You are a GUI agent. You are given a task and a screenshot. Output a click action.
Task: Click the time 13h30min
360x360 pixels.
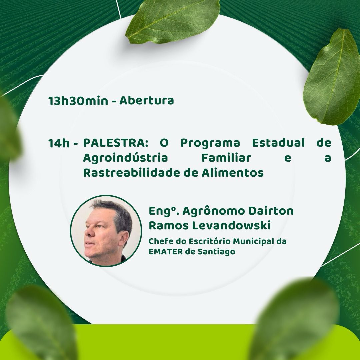78,101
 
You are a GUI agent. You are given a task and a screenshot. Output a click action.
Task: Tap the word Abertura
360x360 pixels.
146,100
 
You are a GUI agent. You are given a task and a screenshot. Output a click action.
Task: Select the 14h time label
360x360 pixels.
59,143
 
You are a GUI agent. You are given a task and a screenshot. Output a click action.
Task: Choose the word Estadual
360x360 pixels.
278,143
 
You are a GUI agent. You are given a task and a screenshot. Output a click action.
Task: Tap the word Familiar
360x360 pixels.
226,158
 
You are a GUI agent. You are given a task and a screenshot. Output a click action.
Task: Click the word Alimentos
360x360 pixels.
233,173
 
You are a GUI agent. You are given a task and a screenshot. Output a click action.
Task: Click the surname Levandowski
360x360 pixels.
231,225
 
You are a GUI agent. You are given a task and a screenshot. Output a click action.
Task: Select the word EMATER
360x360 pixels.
166,252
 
